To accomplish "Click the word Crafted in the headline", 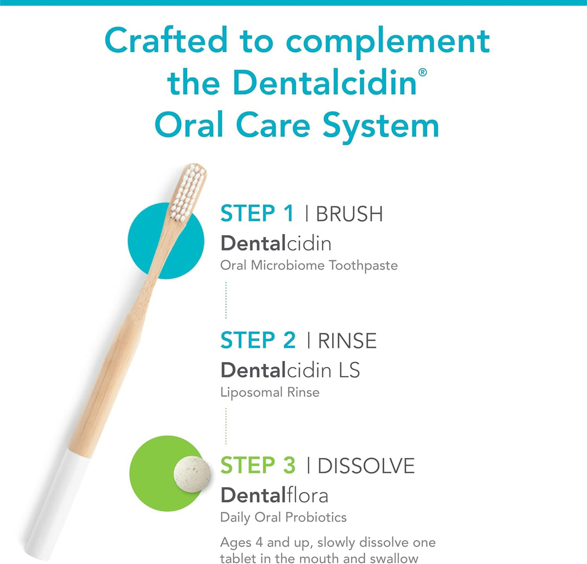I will click(x=166, y=41).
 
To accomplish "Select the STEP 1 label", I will click(x=257, y=213).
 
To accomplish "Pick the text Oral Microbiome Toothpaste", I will click(x=309, y=266).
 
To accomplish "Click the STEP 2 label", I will click(x=258, y=340).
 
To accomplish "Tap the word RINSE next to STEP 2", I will click(x=347, y=341).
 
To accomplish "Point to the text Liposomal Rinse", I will click(x=270, y=392).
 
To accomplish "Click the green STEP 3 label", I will click(x=258, y=465).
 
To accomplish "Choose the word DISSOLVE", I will click(x=366, y=466).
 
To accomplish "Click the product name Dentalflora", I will click(x=274, y=495).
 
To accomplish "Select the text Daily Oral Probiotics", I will click(x=283, y=517).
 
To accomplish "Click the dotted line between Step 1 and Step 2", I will click(x=226, y=300).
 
